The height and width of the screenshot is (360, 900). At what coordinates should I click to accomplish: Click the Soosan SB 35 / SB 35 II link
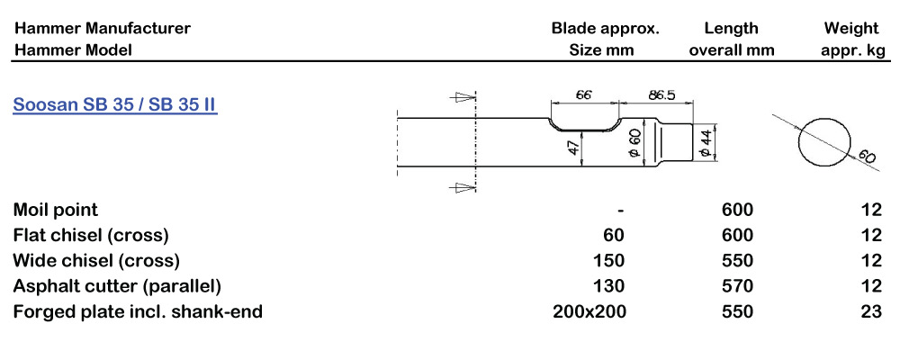(x=114, y=104)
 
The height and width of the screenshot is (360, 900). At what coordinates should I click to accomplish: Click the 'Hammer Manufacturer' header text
(x=102, y=28)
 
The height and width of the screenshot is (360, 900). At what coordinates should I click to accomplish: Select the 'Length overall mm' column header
(x=732, y=39)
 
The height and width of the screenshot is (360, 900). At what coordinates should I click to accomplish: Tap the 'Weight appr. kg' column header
(x=853, y=39)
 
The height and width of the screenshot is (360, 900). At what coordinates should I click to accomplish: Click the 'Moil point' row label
(x=56, y=210)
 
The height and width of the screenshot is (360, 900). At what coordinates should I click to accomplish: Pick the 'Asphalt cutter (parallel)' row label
(x=117, y=286)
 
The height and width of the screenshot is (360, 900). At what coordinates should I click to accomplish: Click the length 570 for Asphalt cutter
(x=737, y=286)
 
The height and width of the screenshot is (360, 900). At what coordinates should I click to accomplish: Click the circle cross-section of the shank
(x=823, y=141)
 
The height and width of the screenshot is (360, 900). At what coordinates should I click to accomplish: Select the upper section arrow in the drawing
(x=462, y=95)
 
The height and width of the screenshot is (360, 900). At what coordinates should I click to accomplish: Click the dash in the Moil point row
(x=620, y=210)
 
